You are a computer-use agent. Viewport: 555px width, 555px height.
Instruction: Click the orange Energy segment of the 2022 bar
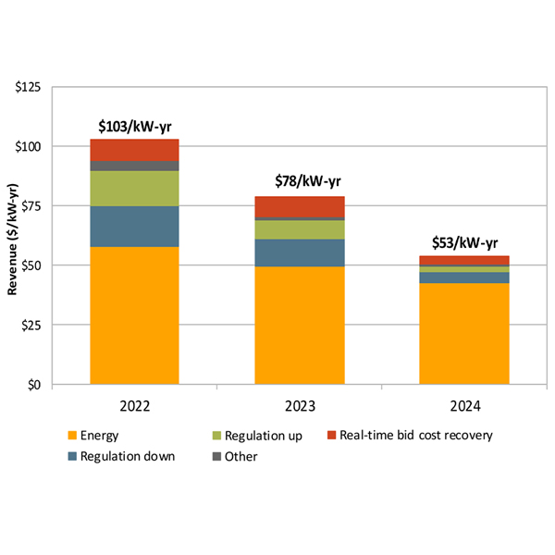[134, 314]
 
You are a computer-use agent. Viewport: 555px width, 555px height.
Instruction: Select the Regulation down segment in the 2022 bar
[134, 227]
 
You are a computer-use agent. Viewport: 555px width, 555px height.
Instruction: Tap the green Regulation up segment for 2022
[134, 189]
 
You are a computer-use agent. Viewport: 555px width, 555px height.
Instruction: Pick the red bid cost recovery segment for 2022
[134, 150]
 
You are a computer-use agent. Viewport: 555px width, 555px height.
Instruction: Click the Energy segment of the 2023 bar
[299, 325]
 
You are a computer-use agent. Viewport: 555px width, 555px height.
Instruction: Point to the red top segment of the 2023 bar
[299, 206]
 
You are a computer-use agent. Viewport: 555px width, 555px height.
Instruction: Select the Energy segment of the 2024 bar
[464, 333]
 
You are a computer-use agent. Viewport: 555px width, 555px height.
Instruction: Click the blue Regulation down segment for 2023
[299, 253]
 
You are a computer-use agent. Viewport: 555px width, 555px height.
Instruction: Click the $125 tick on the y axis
[29, 88]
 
